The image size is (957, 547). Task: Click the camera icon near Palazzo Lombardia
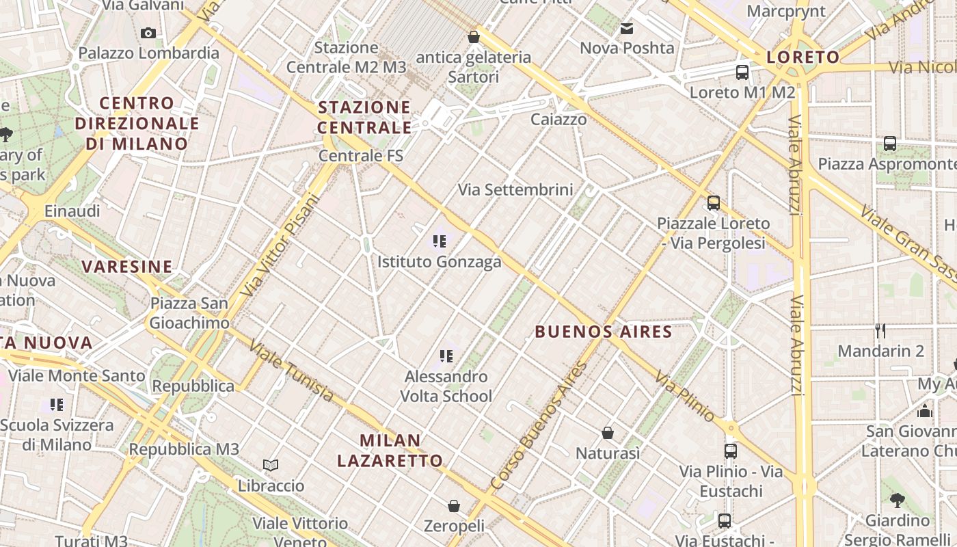pyautogui.click(x=148, y=33)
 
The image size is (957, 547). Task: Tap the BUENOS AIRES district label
pyautogui.click(x=603, y=332)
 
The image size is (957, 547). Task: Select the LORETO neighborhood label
pyautogui.click(x=803, y=57)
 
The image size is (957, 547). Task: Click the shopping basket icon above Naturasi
pyautogui.click(x=607, y=433)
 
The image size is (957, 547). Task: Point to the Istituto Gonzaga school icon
pyautogui.click(x=439, y=241)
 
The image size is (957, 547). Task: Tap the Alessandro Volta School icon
pyautogui.click(x=446, y=356)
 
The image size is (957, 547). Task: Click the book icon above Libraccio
pyautogui.click(x=271, y=466)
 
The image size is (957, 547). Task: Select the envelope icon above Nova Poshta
pyautogui.click(x=626, y=29)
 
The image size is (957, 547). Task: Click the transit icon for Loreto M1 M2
pyautogui.click(x=742, y=72)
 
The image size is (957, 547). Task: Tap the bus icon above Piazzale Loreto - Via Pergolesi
pyautogui.click(x=713, y=202)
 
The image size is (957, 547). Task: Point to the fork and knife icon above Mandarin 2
pyautogui.click(x=880, y=331)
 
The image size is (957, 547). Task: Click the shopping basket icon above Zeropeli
pyautogui.click(x=453, y=506)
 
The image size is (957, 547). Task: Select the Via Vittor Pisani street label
pyautogui.click(x=281, y=246)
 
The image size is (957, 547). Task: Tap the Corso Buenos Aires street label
pyautogui.click(x=540, y=425)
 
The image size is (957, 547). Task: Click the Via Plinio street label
pyautogui.click(x=684, y=396)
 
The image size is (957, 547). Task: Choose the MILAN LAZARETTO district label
pyautogui.click(x=390, y=450)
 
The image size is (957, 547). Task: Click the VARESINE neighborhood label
pyautogui.click(x=127, y=267)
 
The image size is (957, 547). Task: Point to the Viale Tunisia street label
pyautogui.click(x=291, y=372)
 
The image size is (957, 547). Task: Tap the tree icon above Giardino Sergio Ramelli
pyautogui.click(x=897, y=500)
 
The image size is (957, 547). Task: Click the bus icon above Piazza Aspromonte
pyautogui.click(x=889, y=144)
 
